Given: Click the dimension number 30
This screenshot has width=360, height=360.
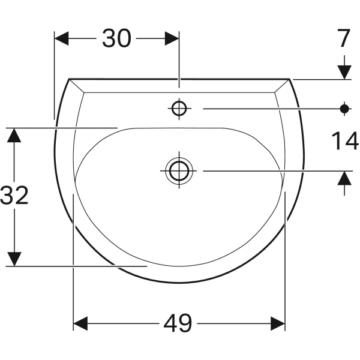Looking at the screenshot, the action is coord(116,38).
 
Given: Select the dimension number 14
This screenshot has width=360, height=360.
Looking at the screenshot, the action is coord(345,141).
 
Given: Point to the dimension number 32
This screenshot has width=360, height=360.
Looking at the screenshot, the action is coord(14,195).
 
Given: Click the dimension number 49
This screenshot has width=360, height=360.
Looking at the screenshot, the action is coord(178,323).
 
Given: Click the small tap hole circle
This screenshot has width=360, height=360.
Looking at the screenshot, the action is coord(179,109).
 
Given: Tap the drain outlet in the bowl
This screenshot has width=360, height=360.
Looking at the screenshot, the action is coord(179,171).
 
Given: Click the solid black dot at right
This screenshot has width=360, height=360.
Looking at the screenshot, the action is coord(344,109).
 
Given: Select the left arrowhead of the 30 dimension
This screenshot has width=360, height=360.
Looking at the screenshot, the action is coord(62,38).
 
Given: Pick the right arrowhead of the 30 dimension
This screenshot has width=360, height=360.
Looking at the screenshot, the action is coord(172,38).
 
